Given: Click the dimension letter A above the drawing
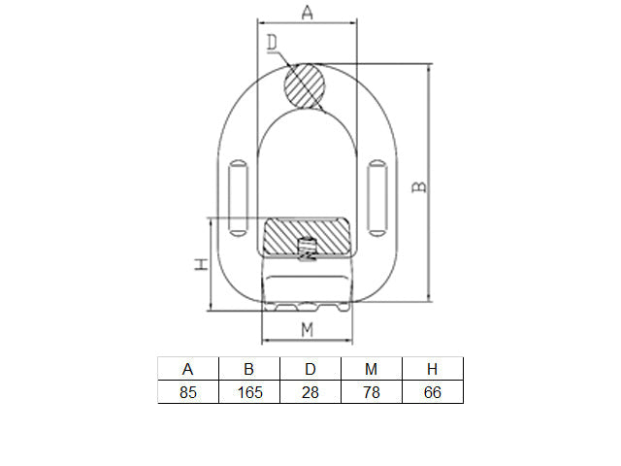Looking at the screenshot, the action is [x=307, y=12].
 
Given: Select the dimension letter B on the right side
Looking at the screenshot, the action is [x=419, y=187].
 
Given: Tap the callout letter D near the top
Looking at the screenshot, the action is [x=272, y=43].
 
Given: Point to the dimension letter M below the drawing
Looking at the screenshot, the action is [x=307, y=330].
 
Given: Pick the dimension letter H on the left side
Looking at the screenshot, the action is [x=201, y=264].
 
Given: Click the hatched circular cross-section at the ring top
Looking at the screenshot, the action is [x=305, y=86].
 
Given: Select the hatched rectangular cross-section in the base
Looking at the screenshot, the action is [x=307, y=237].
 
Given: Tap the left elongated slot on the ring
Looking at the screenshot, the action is [x=238, y=198].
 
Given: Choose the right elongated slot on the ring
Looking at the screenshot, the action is [x=377, y=198].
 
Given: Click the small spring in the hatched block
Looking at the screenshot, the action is [x=307, y=249].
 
